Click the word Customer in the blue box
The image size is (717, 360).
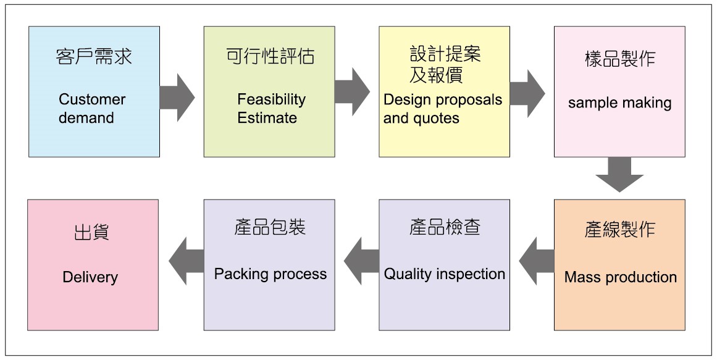tap(92, 99)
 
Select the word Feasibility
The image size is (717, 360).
tap(271, 99)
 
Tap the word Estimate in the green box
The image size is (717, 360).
tap(267, 118)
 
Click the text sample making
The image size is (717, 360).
tap(619, 103)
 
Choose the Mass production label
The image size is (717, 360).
tap(620, 277)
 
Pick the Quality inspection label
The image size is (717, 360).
tap(445, 274)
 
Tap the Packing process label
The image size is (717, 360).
tap(270, 274)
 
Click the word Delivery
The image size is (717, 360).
tap(90, 277)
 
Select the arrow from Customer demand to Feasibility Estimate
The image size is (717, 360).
tap(177, 97)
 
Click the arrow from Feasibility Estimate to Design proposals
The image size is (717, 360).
tap(352, 92)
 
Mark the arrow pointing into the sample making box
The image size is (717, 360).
tap(527, 93)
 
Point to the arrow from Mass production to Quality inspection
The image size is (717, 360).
tap(537, 261)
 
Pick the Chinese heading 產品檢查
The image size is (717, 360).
tap(445, 228)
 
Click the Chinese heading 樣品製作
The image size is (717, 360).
tap(619, 59)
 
